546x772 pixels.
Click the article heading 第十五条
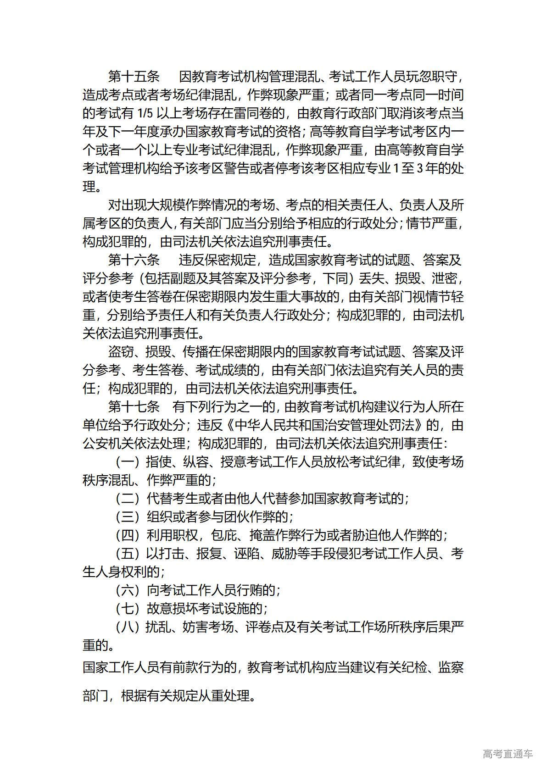[134, 77]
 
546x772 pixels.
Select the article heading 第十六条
[134, 260]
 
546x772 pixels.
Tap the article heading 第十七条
[134, 407]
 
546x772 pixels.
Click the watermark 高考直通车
[507, 754]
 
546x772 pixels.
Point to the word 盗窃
[121, 352]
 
